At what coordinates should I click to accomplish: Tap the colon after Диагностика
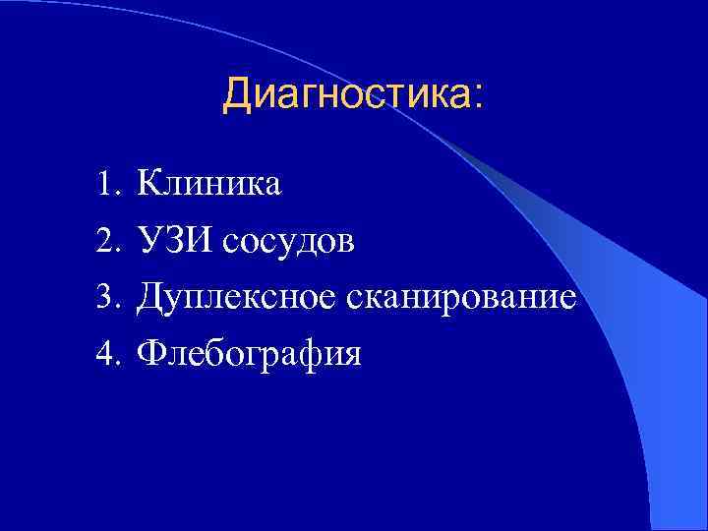pyautogui.click(x=478, y=96)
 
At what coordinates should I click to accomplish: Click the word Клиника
pyautogui.click(x=209, y=183)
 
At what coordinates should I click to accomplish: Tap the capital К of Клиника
pyautogui.click(x=149, y=183)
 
